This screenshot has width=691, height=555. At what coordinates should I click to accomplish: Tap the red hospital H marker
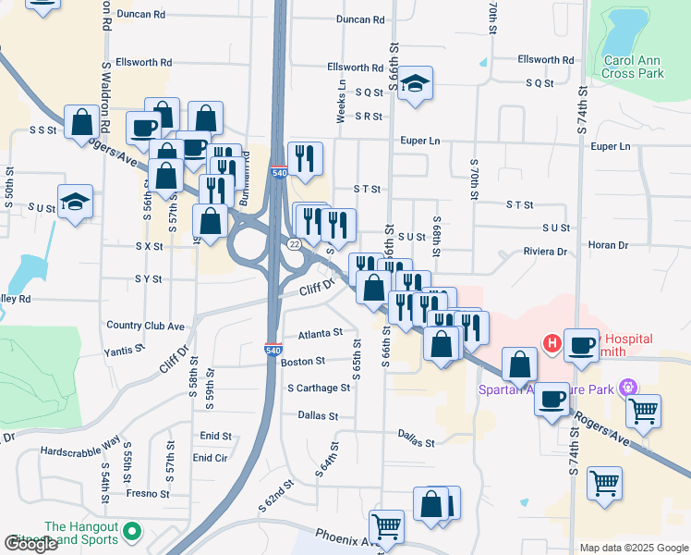[x=552, y=344]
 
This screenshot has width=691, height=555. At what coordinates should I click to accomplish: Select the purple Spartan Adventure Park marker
[x=629, y=386]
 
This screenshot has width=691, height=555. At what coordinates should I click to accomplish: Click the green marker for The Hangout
[x=132, y=532]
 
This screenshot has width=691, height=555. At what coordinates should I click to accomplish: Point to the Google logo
[x=30, y=544]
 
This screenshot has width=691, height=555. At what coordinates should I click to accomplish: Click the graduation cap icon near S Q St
[x=415, y=83]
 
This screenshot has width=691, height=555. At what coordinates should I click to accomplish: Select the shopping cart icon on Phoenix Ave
[x=386, y=526]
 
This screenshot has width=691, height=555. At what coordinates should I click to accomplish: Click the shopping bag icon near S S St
[x=82, y=121]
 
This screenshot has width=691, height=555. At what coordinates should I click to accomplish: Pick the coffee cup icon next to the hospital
[x=581, y=344]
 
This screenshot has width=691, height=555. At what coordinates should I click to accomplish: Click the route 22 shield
[x=294, y=243]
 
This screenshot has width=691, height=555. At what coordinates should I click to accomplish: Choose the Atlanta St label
[x=321, y=333]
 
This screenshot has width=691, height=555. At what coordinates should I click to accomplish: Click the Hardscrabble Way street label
[x=80, y=447]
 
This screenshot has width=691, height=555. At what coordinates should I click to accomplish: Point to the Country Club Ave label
[x=146, y=326]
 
